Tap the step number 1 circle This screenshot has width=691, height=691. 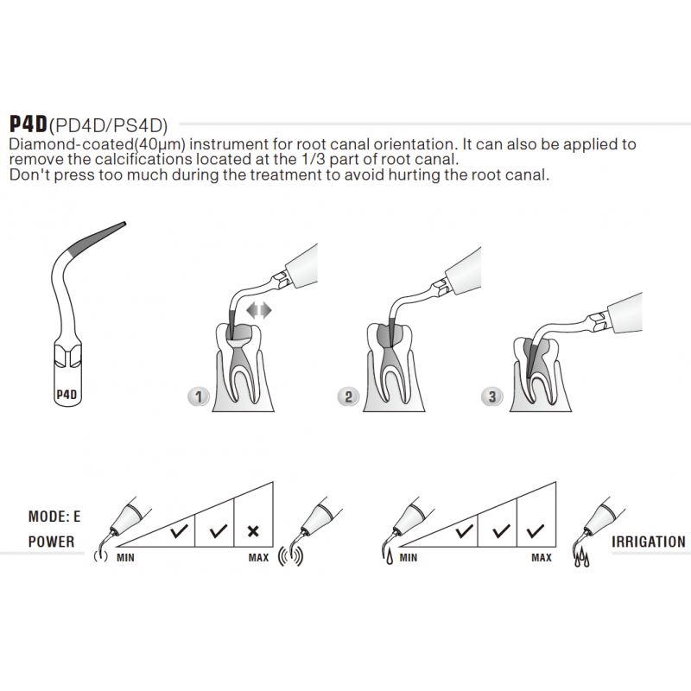tap(199, 396)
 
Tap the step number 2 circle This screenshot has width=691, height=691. tap(348, 396)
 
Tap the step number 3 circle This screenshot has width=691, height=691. tap(492, 396)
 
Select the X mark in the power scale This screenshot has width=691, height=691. tap(253, 531)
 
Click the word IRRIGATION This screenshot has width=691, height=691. tap(648, 542)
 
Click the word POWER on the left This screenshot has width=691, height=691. tap(51, 542)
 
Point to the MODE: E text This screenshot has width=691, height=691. tap(54, 517)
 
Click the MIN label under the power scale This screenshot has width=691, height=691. tap(125, 558)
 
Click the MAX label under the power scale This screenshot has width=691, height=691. tap(258, 558)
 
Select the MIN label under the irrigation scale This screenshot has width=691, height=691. tap(408, 558)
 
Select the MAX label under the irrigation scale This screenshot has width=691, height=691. tap(541, 558)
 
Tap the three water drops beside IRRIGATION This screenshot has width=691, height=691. tap(584, 560)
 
